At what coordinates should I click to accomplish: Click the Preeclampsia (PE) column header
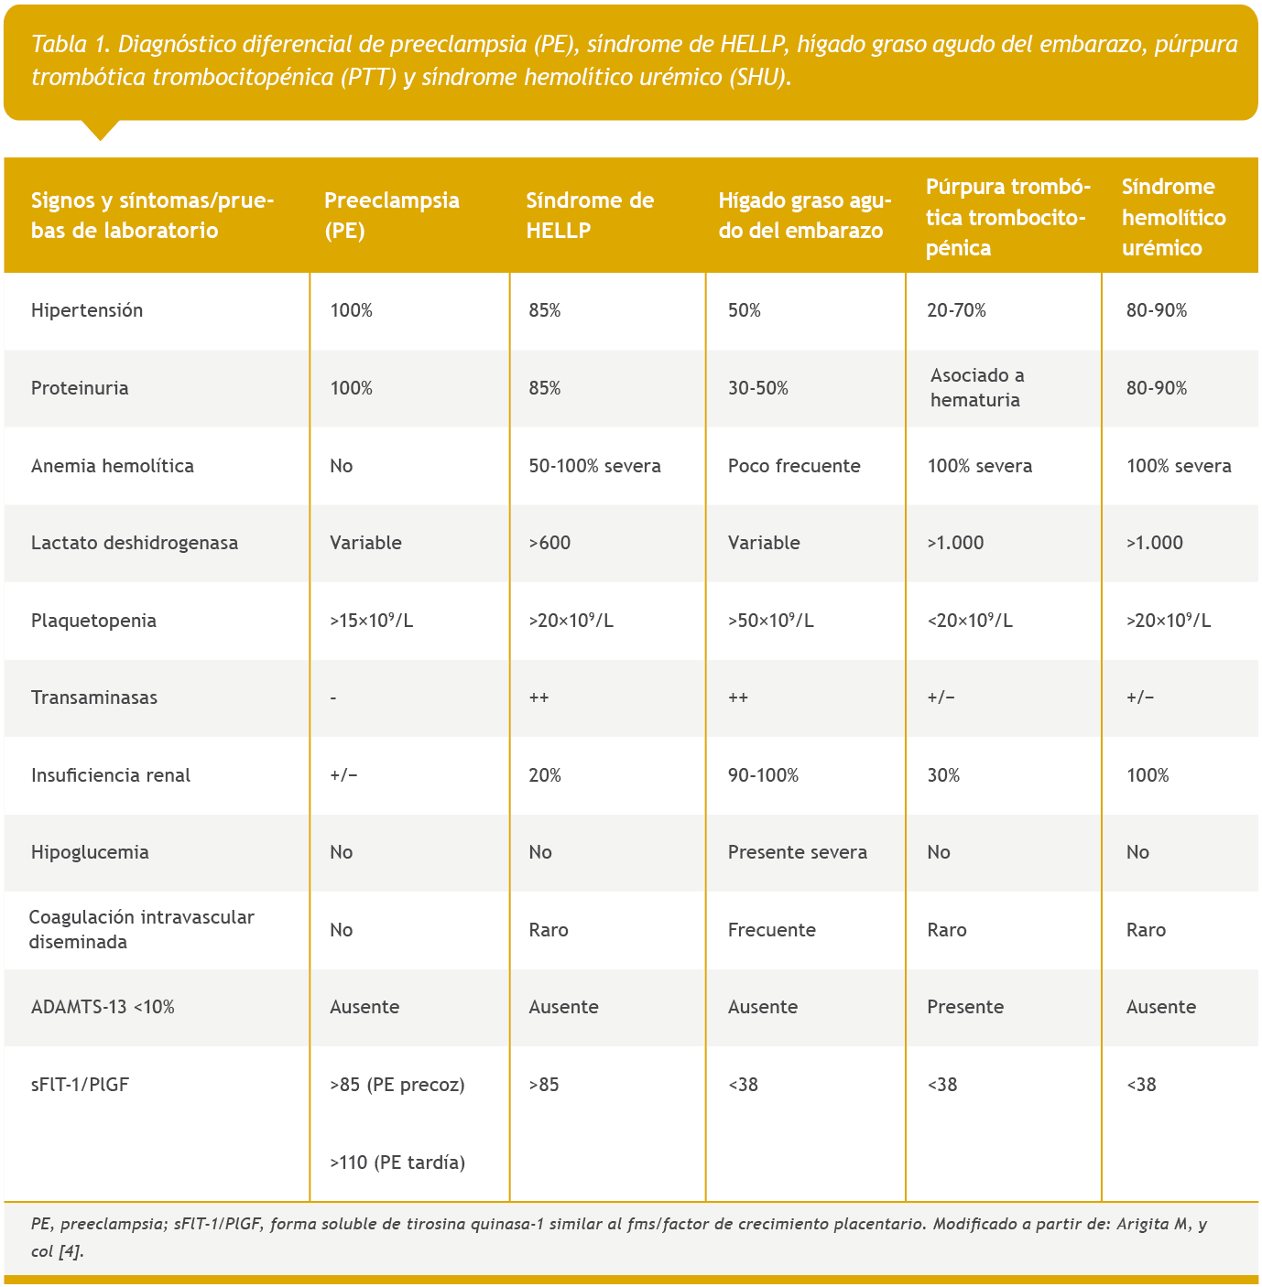click(x=392, y=215)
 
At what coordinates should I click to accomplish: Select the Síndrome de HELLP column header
click(x=590, y=215)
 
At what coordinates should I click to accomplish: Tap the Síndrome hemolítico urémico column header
click(x=1173, y=217)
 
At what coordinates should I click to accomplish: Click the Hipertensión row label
click(x=87, y=310)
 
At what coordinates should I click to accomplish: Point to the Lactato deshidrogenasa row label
click(x=135, y=543)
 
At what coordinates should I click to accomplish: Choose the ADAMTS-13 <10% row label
click(x=103, y=1007)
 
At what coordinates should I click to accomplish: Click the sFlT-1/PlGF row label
click(x=81, y=1085)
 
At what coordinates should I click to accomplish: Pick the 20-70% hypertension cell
click(x=956, y=310)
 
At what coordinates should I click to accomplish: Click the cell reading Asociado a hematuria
click(x=976, y=387)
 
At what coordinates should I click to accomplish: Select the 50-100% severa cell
click(x=594, y=466)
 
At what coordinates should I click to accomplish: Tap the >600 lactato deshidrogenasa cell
click(x=549, y=543)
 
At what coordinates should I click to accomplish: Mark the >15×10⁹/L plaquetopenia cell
click(x=372, y=621)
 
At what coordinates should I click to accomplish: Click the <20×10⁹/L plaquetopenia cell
click(x=970, y=621)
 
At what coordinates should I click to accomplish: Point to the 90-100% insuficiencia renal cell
click(x=763, y=775)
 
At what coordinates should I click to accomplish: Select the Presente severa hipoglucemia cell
click(x=797, y=852)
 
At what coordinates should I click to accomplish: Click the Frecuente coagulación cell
click(x=771, y=930)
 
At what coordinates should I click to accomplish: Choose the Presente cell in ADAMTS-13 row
click(x=965, y=1007)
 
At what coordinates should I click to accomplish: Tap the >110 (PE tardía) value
click(x=397, y=1163)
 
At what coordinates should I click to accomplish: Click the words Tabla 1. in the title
click(x=71, y=44)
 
